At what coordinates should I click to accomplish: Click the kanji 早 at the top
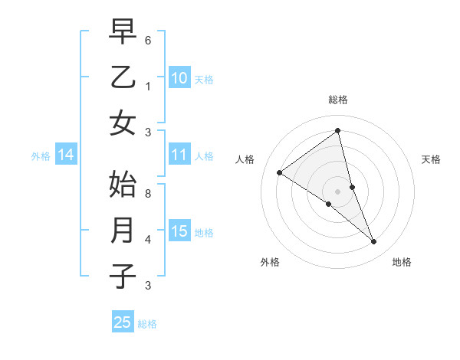click(x=123, y=32)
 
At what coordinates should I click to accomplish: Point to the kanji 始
click(x=123, y=185)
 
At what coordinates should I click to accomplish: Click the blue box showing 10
click(x=179, y=77)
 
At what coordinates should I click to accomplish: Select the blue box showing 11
click(x=179, y=155)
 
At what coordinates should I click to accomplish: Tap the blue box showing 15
click(x=179, y=231)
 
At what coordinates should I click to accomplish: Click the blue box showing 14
click(x=66, y=155)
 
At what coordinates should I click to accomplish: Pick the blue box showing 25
click(x=123, y=322)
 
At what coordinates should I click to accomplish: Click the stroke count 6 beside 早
click(x=148, y=40)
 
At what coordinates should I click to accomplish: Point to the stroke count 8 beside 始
click(x=148, y=194)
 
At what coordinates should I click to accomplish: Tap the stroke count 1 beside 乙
click(x=148, y=86)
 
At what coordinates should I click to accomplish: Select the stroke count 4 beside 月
click(x=148, y=240)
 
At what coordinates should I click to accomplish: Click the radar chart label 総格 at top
click(x=338, y=100)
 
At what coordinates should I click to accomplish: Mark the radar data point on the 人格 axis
click(x=280, y=172)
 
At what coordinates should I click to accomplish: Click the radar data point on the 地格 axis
click(x=374, y=242)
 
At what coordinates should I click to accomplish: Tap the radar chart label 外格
click(x=270, y=262)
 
